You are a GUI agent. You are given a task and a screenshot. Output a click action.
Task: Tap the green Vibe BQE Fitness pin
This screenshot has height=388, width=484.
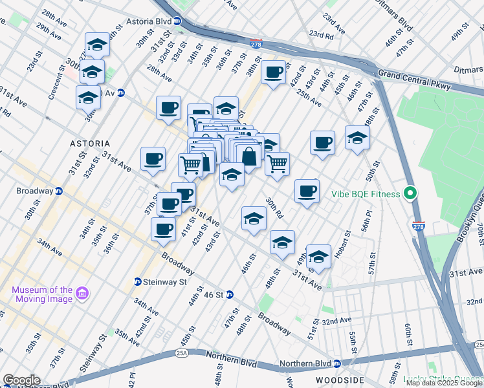409,193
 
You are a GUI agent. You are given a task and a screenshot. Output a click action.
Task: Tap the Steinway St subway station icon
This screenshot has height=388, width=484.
138,282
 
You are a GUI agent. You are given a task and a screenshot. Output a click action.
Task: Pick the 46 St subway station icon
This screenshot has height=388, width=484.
230,295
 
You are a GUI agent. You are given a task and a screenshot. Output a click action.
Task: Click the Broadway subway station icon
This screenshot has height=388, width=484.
59,191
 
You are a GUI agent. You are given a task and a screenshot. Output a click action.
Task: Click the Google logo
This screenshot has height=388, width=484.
21,380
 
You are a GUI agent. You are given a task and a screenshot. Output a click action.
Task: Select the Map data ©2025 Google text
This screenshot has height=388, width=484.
443,383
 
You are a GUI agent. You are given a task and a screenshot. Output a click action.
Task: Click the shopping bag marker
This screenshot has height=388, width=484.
248,155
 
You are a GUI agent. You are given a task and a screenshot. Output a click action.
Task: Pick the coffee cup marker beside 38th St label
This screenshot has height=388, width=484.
274,71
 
